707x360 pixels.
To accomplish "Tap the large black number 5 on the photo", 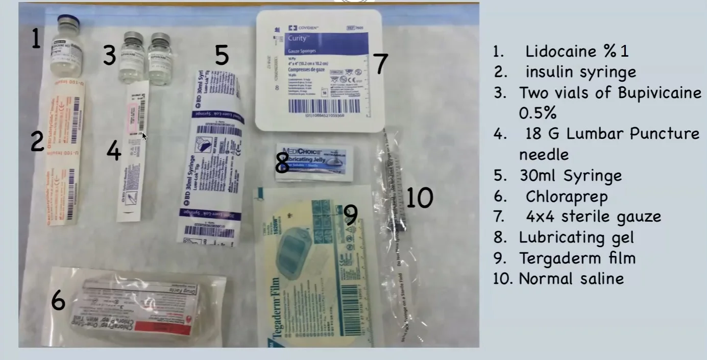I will tap(221, 55).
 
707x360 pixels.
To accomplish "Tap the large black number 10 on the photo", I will tap(419, 198).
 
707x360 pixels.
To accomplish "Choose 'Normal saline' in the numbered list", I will tap(571, 279).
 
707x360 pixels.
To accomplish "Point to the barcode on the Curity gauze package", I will tap(323, 106).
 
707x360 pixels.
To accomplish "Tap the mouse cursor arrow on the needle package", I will tap(144, 136).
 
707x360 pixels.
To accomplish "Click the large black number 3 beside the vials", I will tap(109, 55).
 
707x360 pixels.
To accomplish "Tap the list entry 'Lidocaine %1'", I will tap(577, 51).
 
